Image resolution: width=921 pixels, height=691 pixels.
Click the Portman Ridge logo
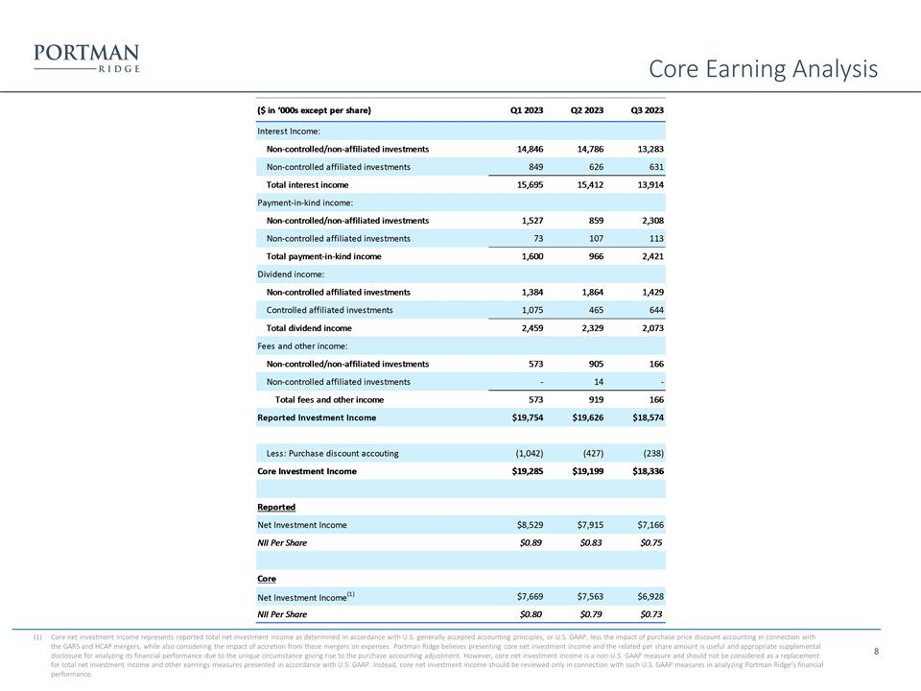point(85,58)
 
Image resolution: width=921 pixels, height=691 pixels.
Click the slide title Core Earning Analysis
point(763,69)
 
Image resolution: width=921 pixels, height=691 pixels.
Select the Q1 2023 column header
point(527,110)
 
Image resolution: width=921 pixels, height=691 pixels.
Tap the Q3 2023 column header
point(648,110)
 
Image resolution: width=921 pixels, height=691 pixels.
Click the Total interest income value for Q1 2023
point(527,184)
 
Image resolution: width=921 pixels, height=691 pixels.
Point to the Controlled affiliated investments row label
point(329,310)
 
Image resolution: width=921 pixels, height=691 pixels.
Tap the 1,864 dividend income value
point(587,292)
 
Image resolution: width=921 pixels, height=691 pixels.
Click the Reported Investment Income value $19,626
point(585,417)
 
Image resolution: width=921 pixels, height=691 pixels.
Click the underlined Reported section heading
point(276,507)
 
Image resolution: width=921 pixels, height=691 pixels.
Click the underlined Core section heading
point(267,579)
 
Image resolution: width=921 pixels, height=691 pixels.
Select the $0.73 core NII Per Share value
point(649,614)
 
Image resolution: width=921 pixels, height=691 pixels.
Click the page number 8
point(877,652)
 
